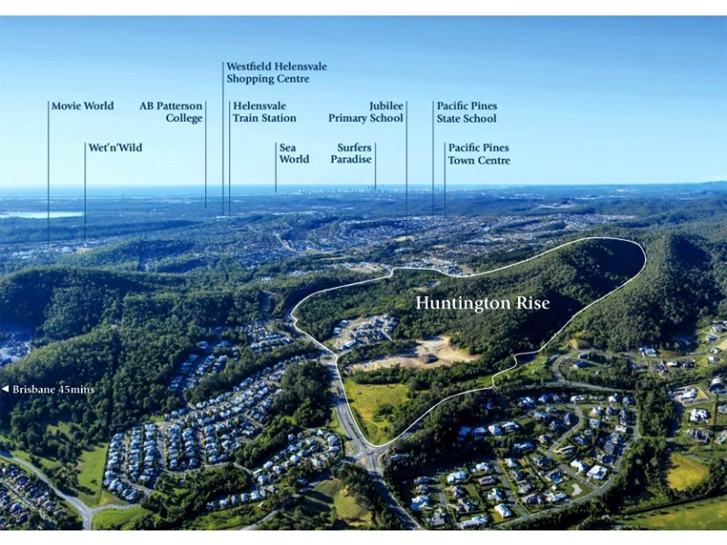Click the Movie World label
(83, 106)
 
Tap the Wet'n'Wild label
(115, 147)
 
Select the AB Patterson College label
(171, 112)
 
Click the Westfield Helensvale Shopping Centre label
(276, 73)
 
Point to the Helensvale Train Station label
(264, 112)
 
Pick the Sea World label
(294, 153)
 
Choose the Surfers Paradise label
(354, 153)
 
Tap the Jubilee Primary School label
(366, 112)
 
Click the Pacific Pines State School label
(467, 112)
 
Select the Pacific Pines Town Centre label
(479, 154)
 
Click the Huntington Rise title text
(483, 302)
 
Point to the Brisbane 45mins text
(54, 390)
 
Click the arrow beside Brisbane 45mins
(5, 390)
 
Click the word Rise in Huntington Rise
(532, 302)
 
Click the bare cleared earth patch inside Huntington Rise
(423, 352)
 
